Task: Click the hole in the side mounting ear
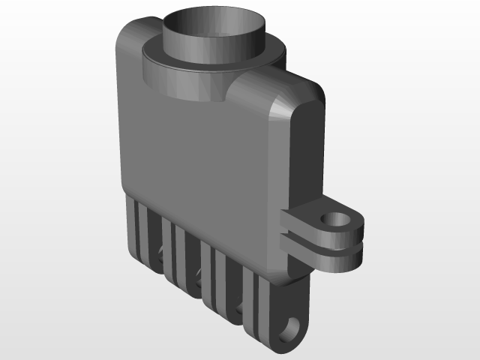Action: [337, 220]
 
